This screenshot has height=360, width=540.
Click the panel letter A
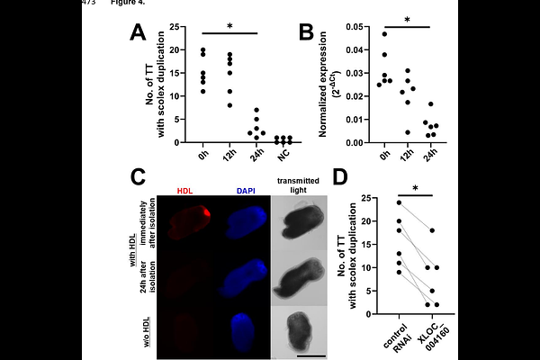click(x=138, y=33)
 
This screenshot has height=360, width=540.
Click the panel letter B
click(x=307, y=33)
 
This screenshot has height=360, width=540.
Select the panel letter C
click(x=139, y=177)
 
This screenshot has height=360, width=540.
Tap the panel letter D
click(x=340, y=177)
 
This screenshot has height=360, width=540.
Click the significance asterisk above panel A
click(x=229, y=26)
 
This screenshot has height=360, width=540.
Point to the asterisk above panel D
click(x=415, y=188)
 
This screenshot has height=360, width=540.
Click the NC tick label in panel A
click(x=283, y=155)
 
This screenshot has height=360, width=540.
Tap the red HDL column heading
click(x=184, y=191)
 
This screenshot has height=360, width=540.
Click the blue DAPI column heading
click(x=246, y=191)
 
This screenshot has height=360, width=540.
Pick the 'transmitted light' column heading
click(x=298, y=185)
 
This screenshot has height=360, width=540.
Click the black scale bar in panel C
click(x=310, y=355)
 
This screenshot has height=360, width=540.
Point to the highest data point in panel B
click(x=384, y=34)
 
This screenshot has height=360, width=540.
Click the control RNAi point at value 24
click(x=399, y=202)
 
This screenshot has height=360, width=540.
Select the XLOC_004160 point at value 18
click(x=432, y=230)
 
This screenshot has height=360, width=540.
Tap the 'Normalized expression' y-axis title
click(x=323, y=85)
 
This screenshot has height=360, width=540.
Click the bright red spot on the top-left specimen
click(x=207, y=212)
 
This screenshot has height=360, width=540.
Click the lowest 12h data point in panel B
click(x=408, y=132)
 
